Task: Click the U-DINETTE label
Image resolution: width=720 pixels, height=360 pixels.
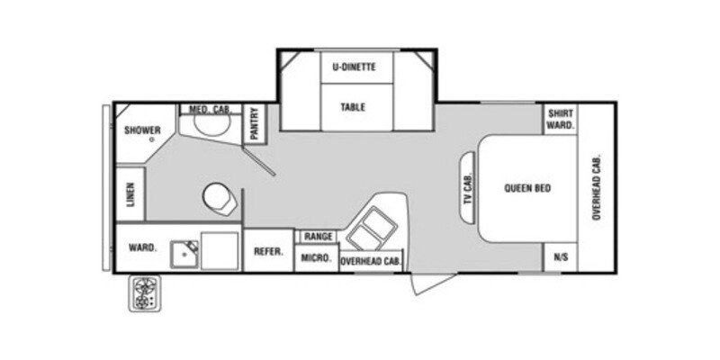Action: pos(353,67)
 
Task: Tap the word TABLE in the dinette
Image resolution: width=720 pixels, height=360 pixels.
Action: pos(353,107)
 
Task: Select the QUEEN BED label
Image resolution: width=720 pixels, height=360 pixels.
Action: pos(527,188)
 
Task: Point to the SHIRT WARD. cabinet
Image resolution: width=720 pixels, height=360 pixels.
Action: pos(561,121)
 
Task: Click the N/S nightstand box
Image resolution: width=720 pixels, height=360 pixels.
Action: pos(561,257)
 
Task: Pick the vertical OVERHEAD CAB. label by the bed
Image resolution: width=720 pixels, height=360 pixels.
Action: pos(596,188)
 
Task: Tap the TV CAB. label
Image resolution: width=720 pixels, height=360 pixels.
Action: pos(467,188)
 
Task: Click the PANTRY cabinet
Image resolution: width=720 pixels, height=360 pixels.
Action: pos(256,123)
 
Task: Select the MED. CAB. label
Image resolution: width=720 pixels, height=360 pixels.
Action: pos(210,109)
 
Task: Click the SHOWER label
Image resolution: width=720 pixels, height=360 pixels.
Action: pos(142,130)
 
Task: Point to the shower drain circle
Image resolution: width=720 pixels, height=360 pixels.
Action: pos(152,140)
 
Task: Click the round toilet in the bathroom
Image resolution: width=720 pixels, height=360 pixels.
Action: pos(219,196)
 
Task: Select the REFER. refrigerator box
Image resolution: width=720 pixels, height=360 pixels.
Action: pos(269,252)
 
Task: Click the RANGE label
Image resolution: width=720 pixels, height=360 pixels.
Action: pos(318,236)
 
